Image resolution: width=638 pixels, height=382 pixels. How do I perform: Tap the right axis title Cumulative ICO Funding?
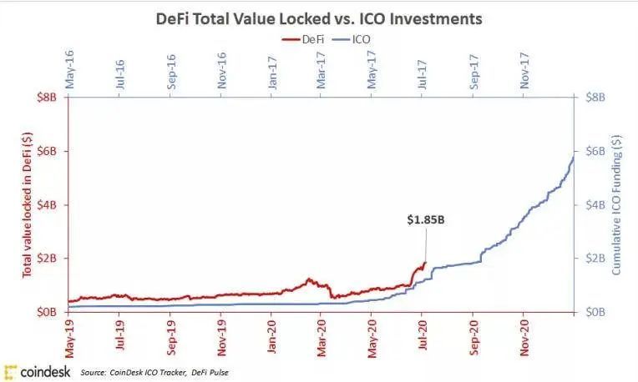pos(625,204)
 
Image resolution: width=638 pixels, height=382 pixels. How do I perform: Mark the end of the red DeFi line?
pos(425,263)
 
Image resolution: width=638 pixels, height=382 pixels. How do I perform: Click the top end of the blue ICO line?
pos(573,156)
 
